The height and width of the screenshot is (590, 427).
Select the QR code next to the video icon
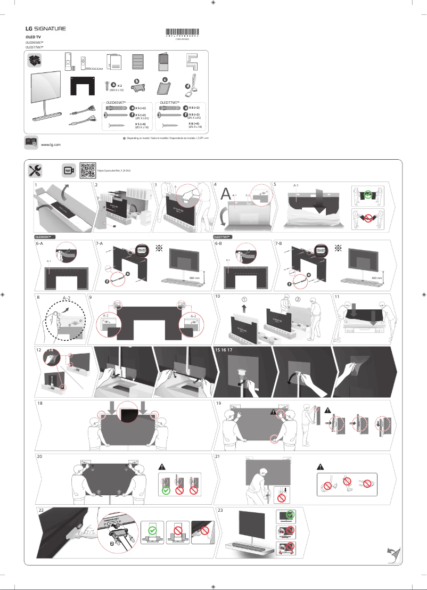(87, 170)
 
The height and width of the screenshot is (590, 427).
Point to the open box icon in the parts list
(35, 60)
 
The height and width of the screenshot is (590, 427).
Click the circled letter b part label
(136, 80)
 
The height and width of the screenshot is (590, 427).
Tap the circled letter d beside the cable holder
(187, 87)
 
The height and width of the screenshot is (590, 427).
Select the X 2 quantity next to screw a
(120, 85)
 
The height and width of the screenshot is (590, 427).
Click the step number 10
(218, 296)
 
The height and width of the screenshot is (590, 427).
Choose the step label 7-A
(100, 243)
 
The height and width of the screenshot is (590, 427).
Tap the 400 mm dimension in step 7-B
(376, 278)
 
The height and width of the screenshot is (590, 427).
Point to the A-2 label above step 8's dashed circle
(67, 298)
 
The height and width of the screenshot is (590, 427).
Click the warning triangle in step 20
(163, 467)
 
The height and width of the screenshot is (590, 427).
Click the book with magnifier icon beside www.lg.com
(31, 142)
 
